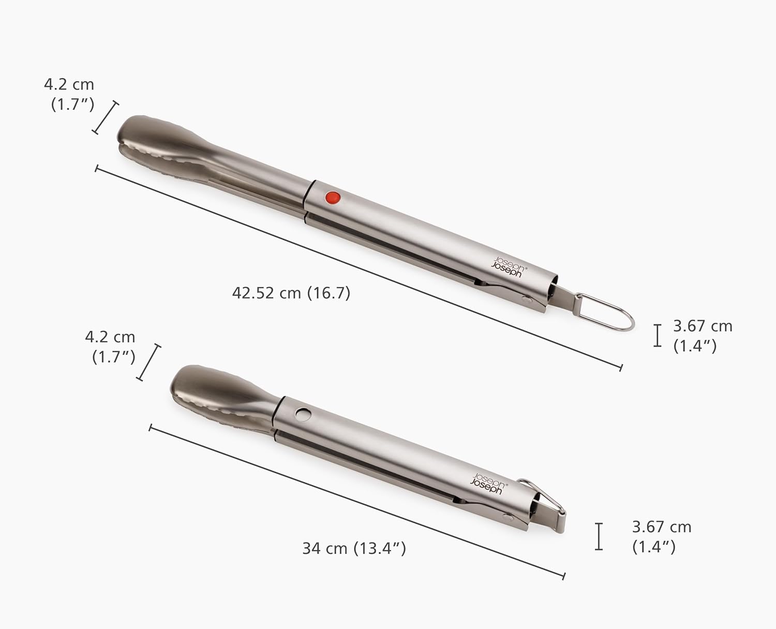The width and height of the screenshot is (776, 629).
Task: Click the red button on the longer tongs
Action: (332, 197)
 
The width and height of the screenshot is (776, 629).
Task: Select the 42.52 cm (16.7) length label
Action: (291, 293)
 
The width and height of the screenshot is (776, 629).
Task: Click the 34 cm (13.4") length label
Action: (354, 548)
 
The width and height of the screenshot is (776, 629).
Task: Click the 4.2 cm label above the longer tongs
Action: (69, 94)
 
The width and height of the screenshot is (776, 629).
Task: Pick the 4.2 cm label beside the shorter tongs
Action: (110, 347)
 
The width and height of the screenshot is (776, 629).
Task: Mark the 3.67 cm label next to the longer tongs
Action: (702, 336)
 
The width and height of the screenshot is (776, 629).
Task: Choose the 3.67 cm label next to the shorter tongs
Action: (661, 536)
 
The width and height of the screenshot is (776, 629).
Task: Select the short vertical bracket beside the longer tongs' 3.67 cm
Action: (658, 335)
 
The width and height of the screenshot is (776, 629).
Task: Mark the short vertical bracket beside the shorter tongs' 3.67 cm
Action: (599, 536)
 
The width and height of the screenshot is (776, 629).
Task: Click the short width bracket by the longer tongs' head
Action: (106, 117)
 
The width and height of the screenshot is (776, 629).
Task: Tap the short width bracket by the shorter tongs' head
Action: (148, 363)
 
